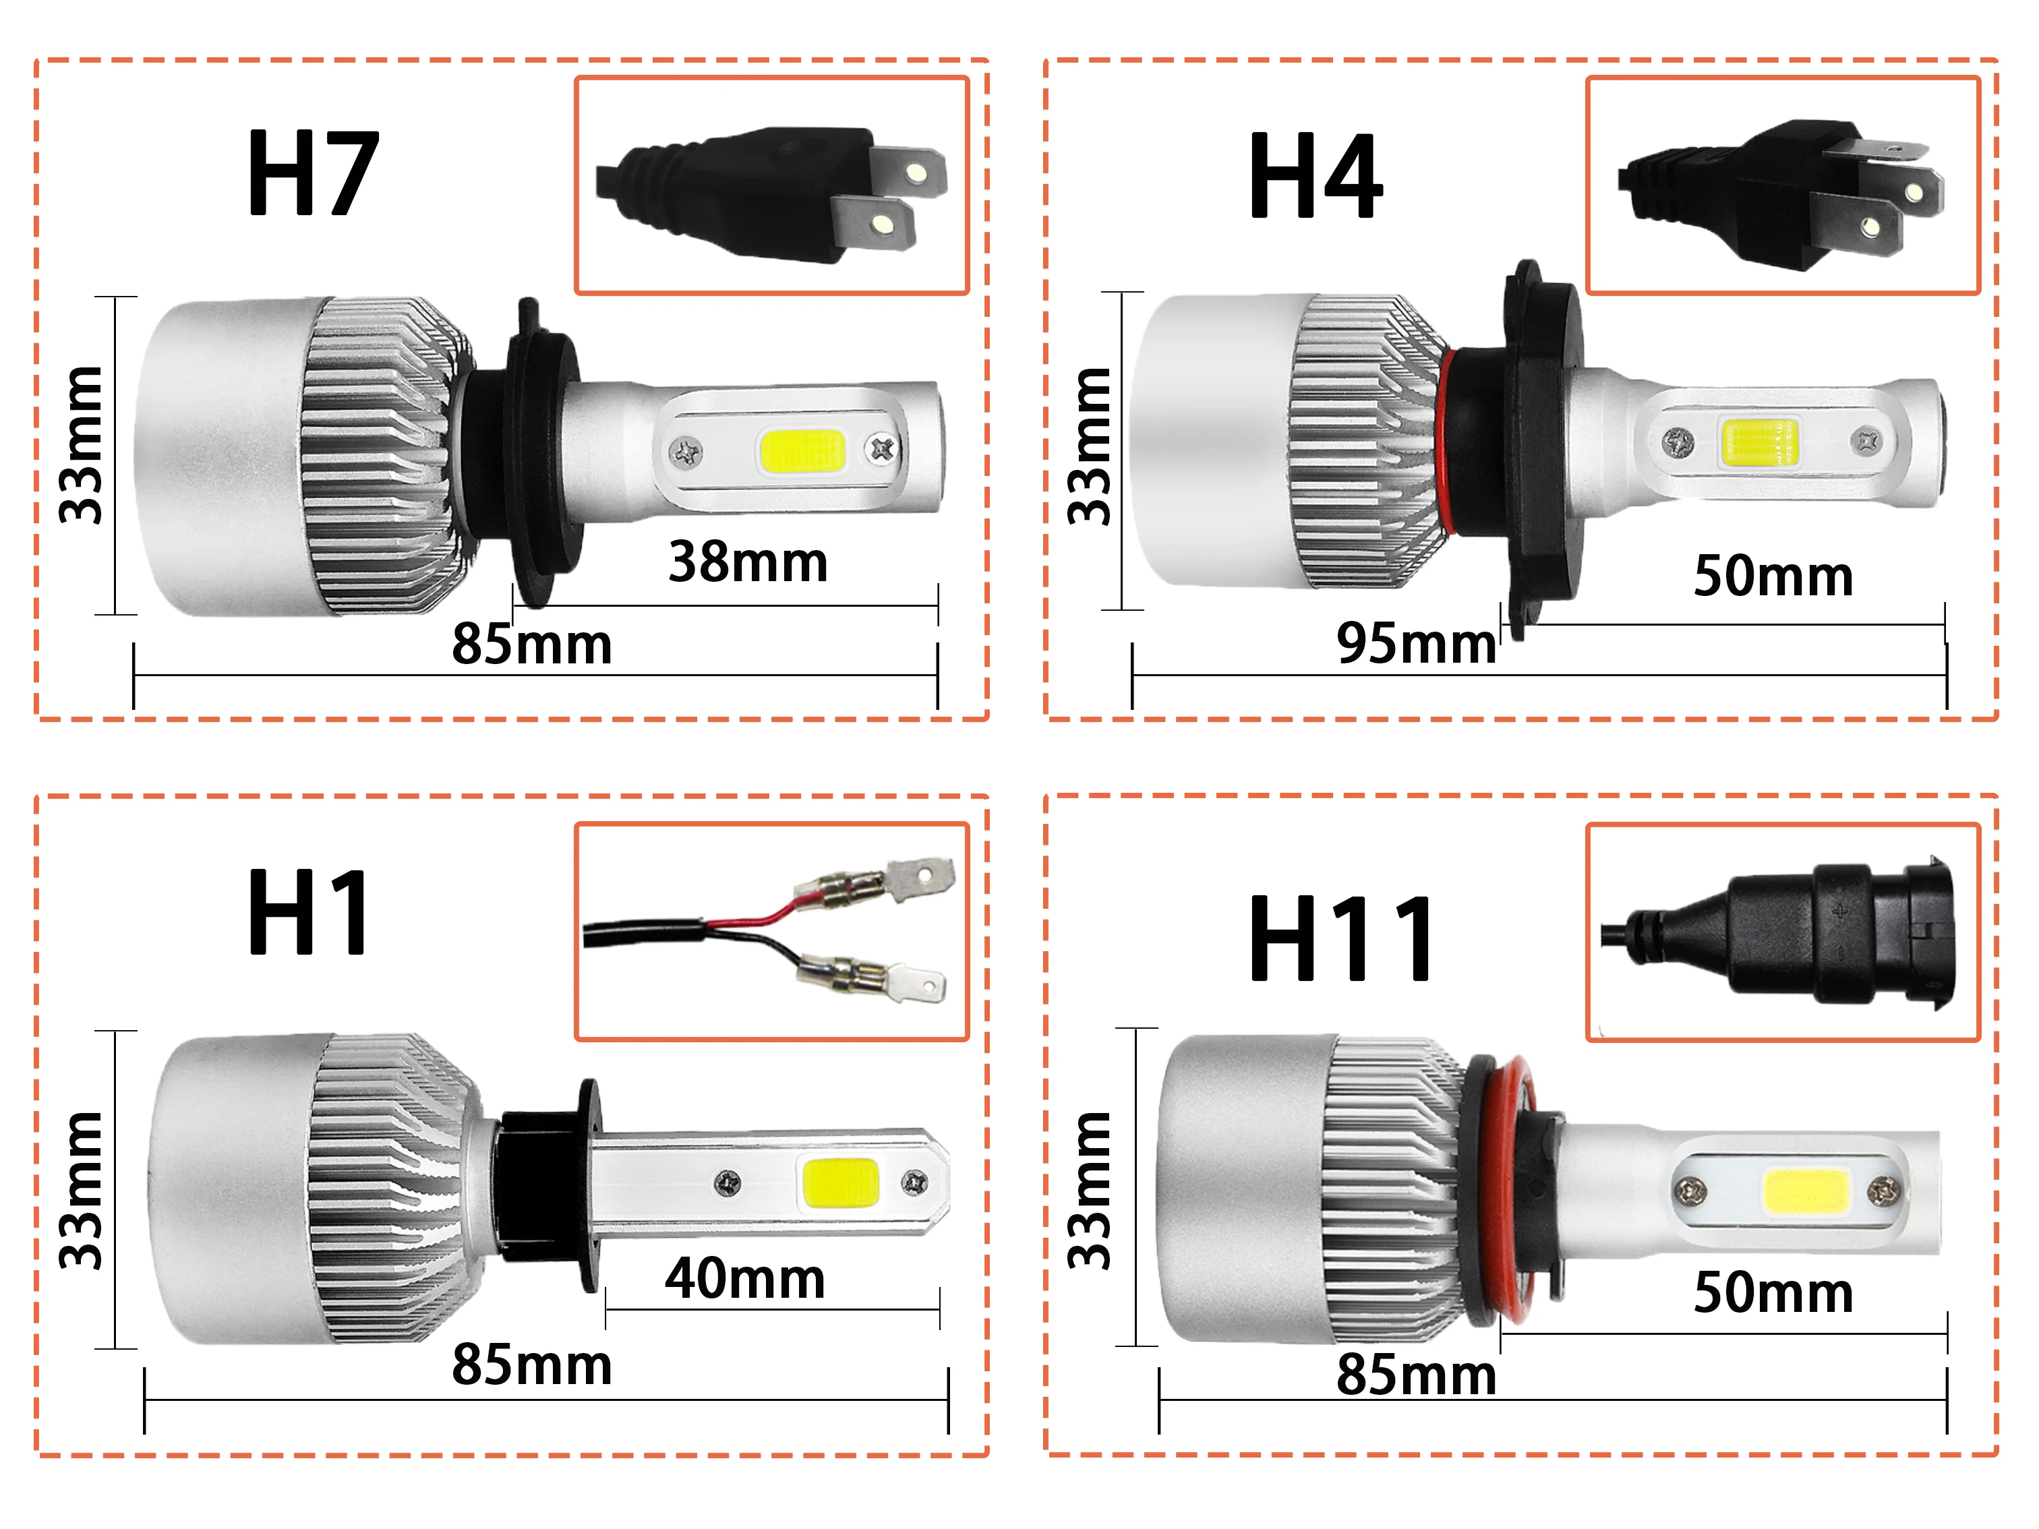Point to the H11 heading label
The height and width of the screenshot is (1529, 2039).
(x=1340, y=939)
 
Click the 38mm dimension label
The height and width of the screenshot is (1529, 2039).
(x=748, y=562)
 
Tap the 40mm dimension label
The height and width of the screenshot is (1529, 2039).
(x=745, y=1280)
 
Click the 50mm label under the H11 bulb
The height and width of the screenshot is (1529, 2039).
(x=1773, y=1292)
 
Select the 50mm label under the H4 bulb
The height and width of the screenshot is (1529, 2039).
(x=1773, y=577)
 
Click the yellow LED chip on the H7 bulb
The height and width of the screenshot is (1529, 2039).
(x=802, y=451)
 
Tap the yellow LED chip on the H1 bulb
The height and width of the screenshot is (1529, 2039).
(x=841, y=1183)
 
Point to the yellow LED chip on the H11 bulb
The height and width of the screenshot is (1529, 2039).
(x=1806, y=1192)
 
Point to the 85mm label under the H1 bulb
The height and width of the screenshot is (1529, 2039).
(x=532, y=1365)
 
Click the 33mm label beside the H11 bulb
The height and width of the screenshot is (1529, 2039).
(x=1090, y=1190)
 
